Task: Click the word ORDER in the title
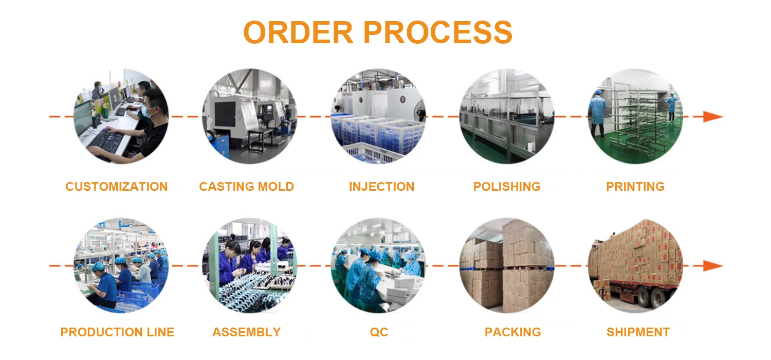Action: [298, 32]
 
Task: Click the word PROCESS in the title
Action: [437, 32]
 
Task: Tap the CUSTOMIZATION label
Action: [117, 187]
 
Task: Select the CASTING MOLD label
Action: [246, 187]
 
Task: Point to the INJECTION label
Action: [381, 187]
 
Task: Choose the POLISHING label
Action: [507, 187]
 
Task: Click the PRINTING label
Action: [635, 187]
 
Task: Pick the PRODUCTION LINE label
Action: [117, 332]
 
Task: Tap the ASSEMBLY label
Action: [246, 332]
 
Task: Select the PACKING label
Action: [512, 332]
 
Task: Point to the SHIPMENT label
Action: [638, 332]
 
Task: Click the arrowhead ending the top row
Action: [713, 117]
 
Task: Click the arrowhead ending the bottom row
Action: [713, 266]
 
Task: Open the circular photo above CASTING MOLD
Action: [249, 117]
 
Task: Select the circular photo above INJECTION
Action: [378, 117]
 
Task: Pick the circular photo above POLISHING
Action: [506, 117]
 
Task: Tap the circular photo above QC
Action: [378, 265]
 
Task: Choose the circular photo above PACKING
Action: [506, 265]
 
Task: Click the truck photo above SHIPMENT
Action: [635, 265]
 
